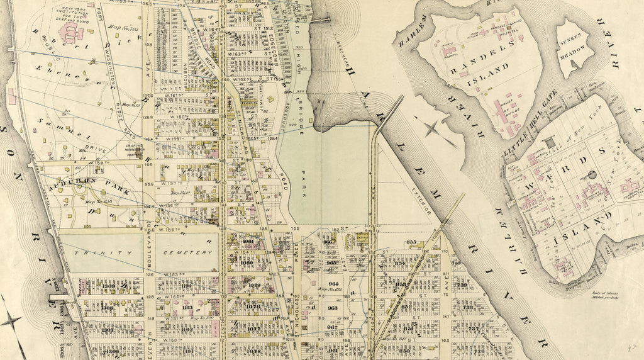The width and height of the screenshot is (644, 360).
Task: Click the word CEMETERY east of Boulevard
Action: tap(187, 252)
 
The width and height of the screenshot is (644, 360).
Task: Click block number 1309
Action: tap(108, 286)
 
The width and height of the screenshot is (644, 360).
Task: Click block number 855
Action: tap(412, 242)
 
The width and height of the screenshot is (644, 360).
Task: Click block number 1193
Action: tap(187, 308)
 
